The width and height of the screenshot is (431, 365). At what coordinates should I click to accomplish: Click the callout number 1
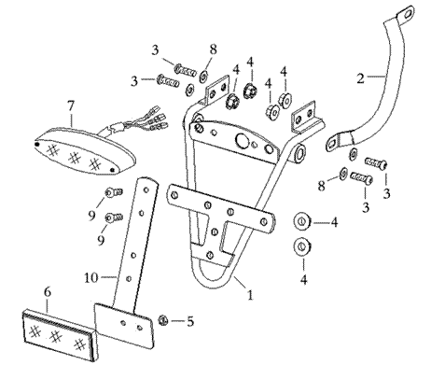point(250,294)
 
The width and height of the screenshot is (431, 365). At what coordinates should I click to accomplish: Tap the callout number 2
point(360,78)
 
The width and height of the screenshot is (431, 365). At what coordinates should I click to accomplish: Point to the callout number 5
point(190,321)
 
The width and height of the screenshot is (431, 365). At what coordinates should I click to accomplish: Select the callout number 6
point(48,292)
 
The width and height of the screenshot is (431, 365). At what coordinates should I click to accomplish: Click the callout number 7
point(71,106)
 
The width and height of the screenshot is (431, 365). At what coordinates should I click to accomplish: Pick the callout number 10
point(91,277)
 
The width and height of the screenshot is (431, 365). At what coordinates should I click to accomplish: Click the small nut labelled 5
point(162,320)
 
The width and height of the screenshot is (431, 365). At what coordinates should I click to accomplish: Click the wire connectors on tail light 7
point(157,119)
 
